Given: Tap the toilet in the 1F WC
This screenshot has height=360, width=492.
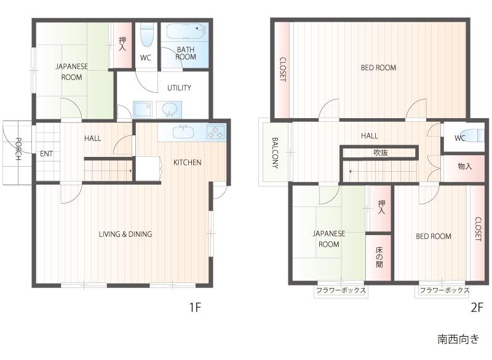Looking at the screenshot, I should point(146,36).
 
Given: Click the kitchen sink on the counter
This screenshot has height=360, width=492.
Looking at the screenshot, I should point(183,132).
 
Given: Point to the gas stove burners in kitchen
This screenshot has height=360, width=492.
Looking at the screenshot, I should point(216,132).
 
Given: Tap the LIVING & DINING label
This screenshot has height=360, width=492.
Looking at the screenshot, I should point(125,234).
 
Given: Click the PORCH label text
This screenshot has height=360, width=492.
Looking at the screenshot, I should point(18,148).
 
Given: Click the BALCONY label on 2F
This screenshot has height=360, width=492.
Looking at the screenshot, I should point(275,153).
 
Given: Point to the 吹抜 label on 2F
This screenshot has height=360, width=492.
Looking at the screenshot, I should point(381,152).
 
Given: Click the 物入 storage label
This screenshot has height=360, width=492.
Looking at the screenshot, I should point(465,166).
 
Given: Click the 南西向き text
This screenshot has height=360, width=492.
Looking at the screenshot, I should point(458,339).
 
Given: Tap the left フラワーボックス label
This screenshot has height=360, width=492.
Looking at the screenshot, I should point(341,290).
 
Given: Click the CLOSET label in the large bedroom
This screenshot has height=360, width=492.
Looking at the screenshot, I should point(282,70).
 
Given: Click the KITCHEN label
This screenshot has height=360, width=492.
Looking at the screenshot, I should point(187,162).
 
